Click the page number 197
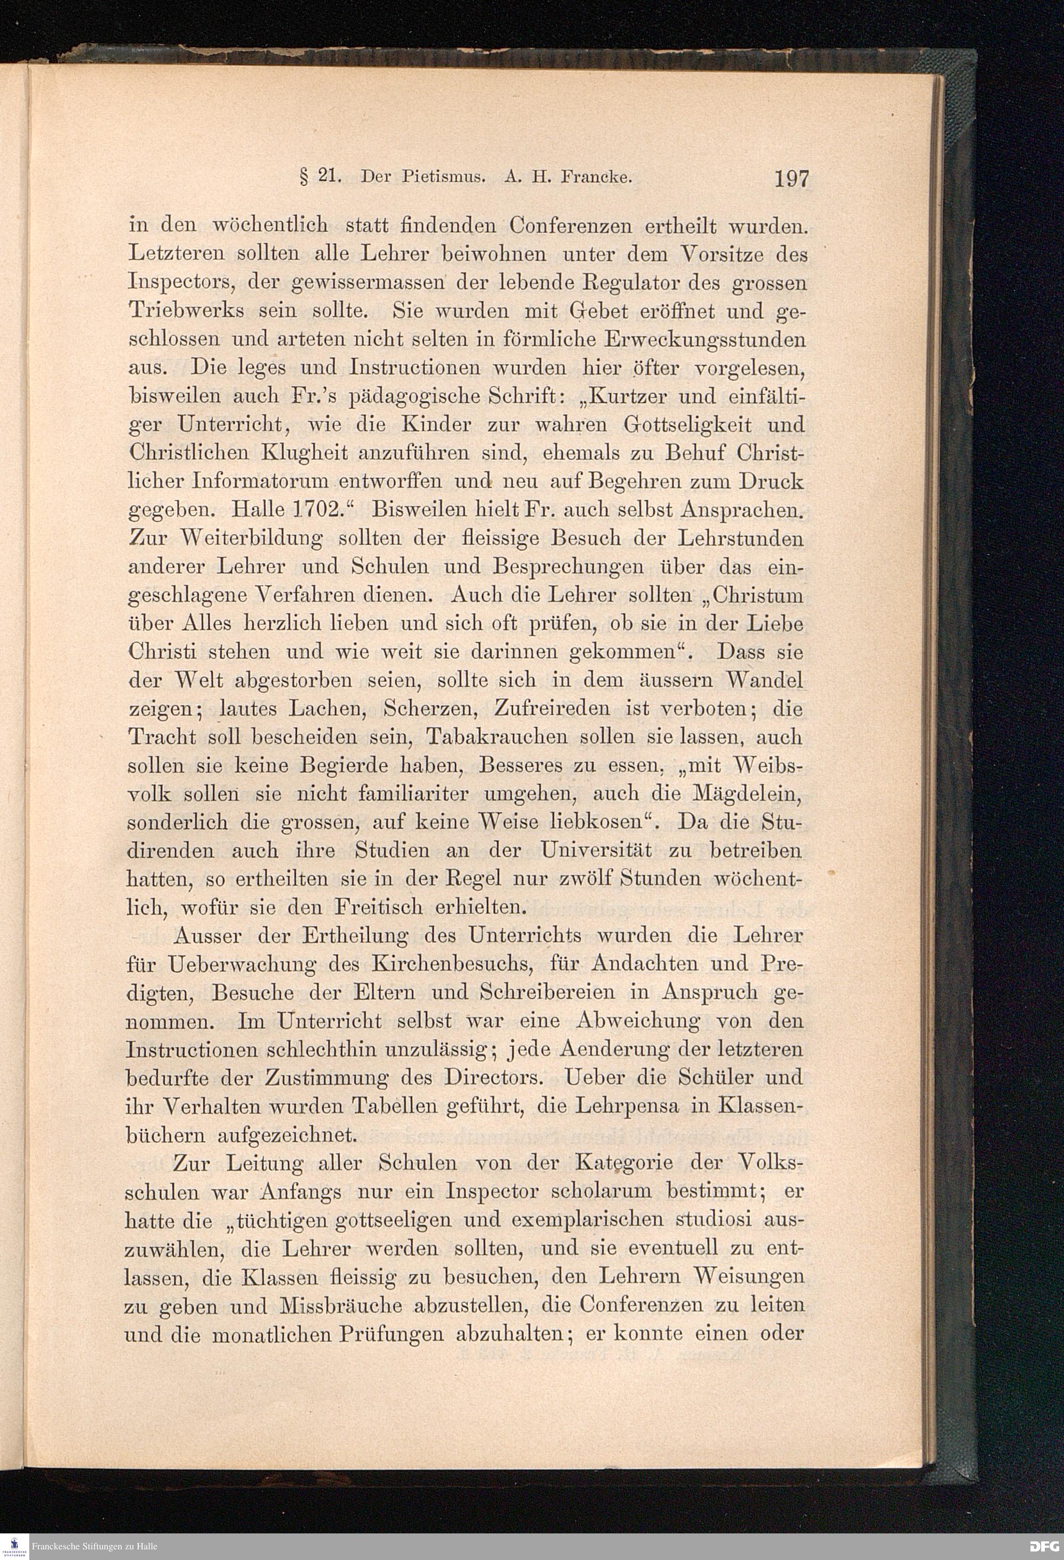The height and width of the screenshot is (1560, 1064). coord(792,179)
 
